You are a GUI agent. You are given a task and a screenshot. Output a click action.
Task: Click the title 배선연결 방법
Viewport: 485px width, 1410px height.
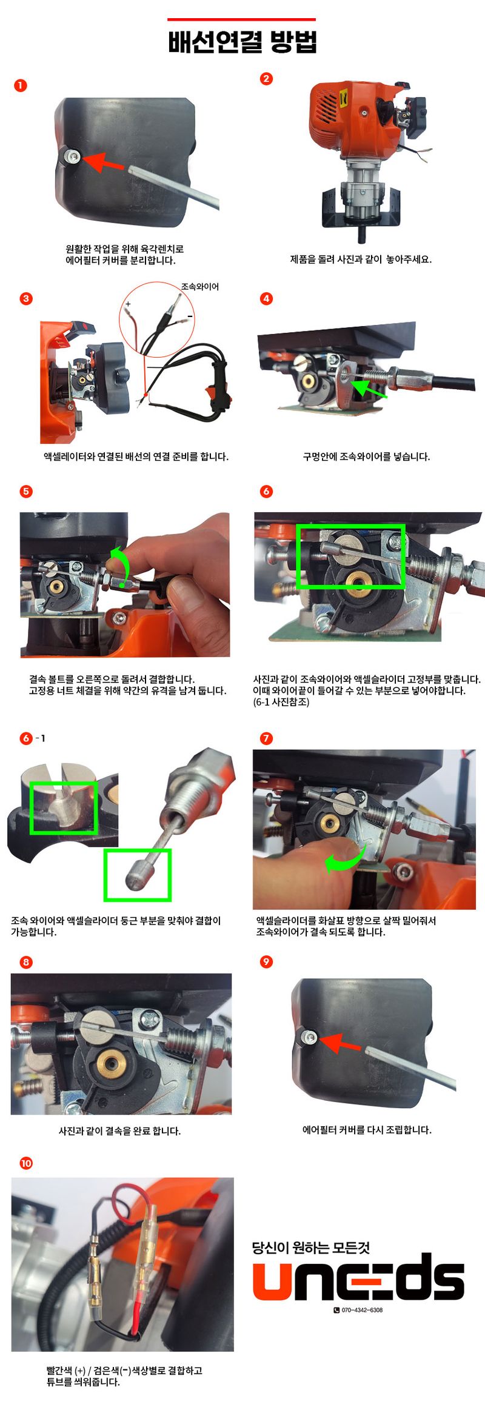coord(242,42)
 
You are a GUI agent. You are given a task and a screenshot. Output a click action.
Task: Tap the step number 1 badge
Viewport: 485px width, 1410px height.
coord(20,85)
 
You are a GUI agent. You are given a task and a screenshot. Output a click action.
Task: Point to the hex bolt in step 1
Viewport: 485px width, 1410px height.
coord(73,156)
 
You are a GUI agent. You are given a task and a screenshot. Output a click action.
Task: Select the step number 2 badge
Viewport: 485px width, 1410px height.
coord(266,78)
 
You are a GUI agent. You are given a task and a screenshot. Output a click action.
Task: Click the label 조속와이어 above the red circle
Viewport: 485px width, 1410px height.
coord(200,287)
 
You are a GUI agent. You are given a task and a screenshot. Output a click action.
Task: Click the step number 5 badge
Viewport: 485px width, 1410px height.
coord(25,491)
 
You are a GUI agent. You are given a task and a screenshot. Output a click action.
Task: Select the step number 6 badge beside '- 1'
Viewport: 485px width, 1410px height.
coord(25,738)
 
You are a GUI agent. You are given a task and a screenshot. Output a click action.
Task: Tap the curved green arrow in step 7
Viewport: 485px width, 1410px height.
coord(346,857)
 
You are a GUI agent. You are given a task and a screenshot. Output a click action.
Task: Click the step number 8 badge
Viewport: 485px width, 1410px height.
coord(25,962)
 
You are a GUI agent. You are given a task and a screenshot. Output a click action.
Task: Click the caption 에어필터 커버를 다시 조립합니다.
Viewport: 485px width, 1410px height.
coord(367,1129)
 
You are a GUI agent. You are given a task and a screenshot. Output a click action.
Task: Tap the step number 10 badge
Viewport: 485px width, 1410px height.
coord(26,1163)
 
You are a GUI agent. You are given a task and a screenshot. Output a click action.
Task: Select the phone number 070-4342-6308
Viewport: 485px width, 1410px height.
coord(362,1310)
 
